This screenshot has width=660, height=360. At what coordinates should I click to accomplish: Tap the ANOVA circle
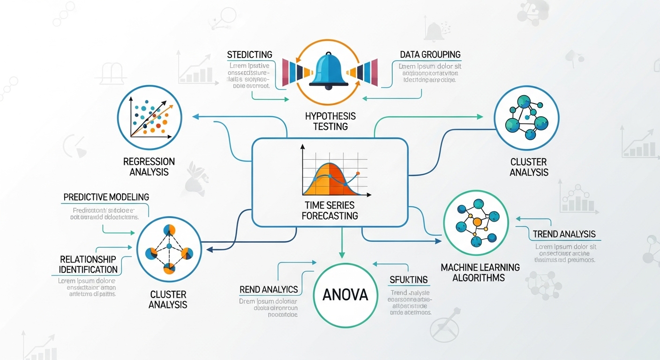[x=345, y=295]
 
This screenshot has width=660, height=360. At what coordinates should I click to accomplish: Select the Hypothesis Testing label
[x=330, y=121]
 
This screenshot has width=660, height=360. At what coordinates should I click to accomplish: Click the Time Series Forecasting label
[x=330, y=210]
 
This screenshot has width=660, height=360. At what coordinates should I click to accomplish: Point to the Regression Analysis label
[x=149, y=166]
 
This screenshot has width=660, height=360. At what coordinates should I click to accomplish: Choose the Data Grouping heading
[x=430, y=55]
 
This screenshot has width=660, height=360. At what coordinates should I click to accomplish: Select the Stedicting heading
[x=249, y=55]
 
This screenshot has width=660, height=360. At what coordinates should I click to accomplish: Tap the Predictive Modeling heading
[x=106, y=197]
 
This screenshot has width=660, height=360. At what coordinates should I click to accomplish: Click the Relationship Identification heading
[x=89, y=264]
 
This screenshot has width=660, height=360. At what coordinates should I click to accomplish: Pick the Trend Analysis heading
[x=564, y=234]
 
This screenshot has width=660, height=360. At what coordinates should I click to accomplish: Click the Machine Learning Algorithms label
[x=480, y=272]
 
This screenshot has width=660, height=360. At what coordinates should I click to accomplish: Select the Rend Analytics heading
[x=269, y=289]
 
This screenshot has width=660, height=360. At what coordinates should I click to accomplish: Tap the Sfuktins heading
[x=409, y=280]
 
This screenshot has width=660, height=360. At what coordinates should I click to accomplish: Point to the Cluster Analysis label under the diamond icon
[x=168, y=300]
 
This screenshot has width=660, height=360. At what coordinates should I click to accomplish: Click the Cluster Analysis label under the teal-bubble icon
[x=529, y=167]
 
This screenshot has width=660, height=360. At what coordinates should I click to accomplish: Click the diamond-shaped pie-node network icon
[x=169, y=249]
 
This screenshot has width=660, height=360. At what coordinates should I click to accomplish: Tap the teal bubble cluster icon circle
[x=526, y=117]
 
